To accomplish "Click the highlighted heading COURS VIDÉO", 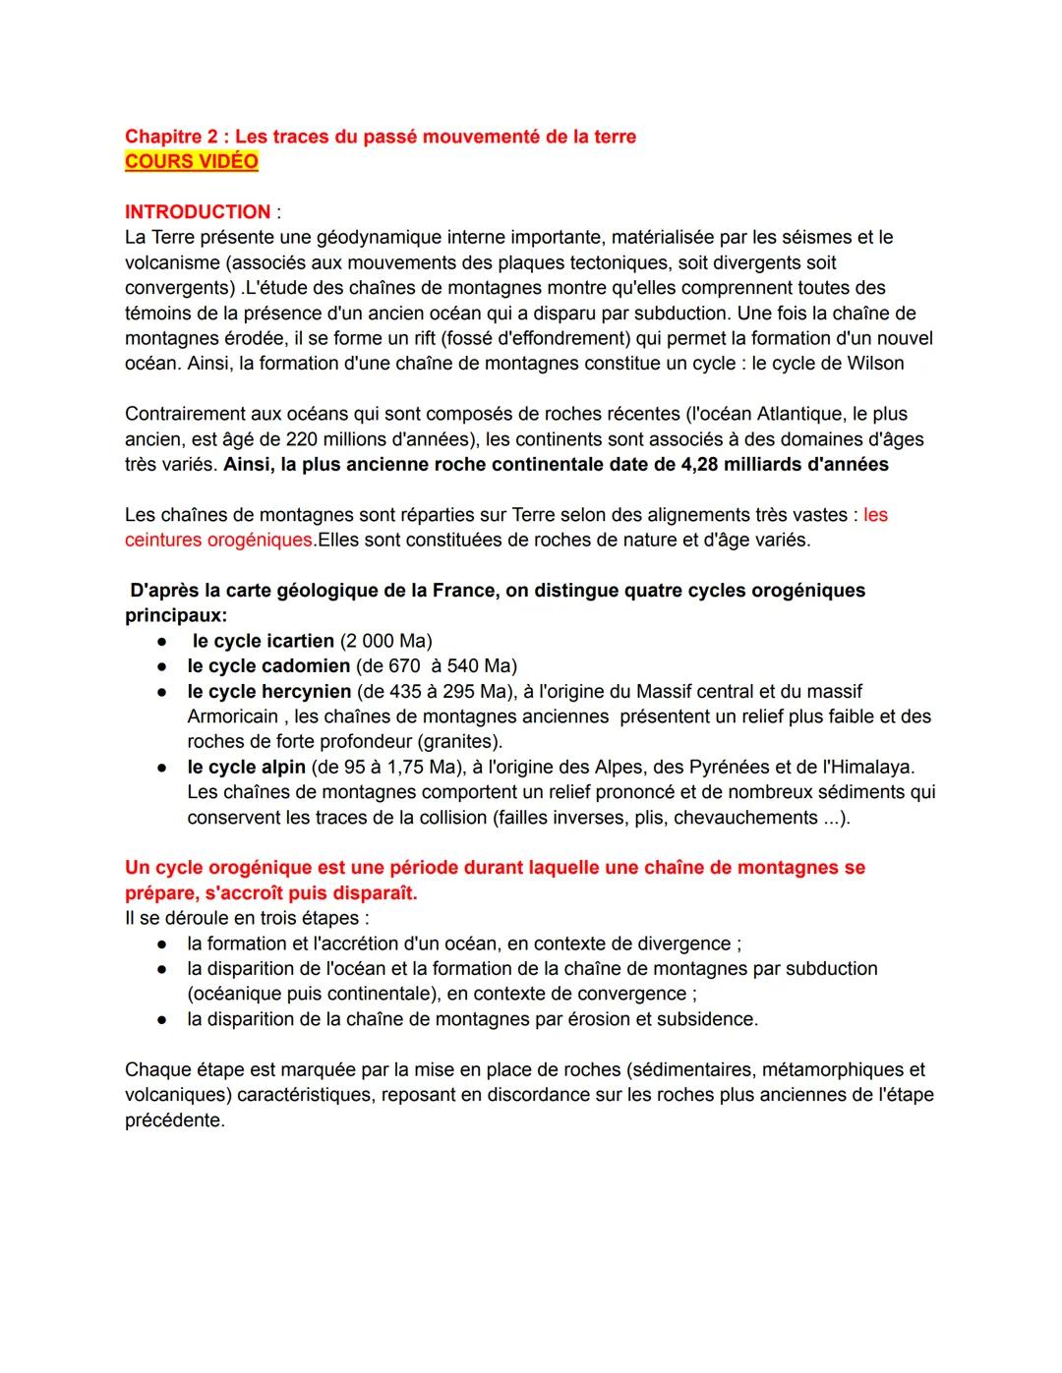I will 191,162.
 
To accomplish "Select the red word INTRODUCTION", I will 198,212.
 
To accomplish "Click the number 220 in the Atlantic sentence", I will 301,439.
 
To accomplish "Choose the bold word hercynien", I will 305,692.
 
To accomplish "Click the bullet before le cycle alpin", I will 160,768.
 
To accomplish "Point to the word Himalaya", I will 873,767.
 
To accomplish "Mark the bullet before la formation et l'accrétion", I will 160,944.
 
